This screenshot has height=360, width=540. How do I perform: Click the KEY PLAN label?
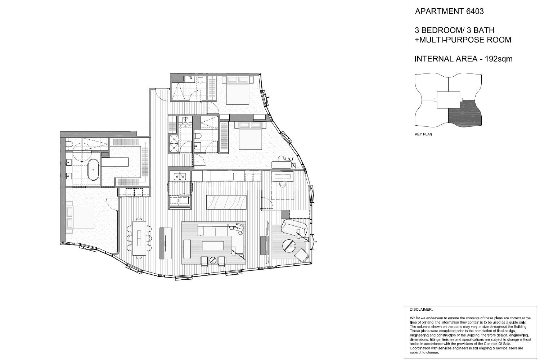[423, 134]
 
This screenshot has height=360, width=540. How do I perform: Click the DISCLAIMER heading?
[421, 310]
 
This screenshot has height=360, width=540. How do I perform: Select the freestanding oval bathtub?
[93, 170]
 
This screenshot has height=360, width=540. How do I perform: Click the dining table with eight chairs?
[139, 238]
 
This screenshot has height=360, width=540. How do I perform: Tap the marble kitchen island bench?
[226, 202]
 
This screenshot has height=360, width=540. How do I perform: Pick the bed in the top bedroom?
[238, 90]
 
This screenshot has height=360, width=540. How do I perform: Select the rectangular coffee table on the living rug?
[213, 246]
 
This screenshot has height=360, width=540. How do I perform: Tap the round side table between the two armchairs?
[213, 260]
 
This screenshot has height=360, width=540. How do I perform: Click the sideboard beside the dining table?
[166, 243]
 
